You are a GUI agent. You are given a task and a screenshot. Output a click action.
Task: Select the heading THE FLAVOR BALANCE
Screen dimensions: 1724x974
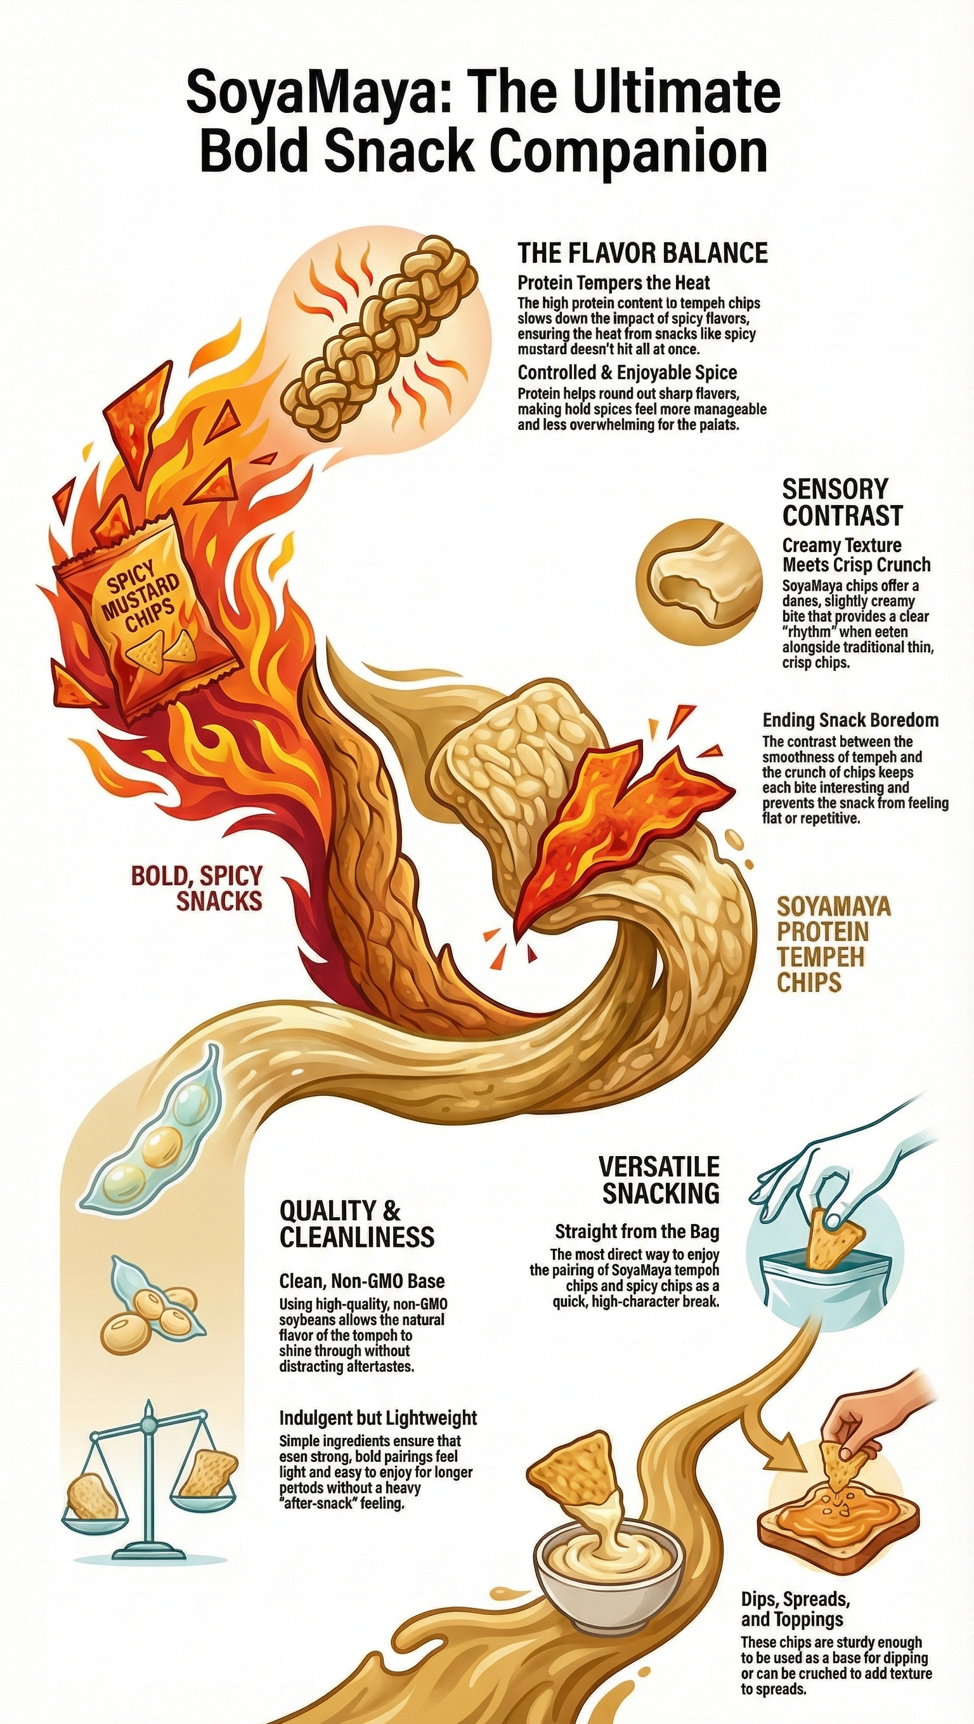tap(642, 253)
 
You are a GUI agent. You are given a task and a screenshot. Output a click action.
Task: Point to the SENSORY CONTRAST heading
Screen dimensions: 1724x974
tap(842, 502)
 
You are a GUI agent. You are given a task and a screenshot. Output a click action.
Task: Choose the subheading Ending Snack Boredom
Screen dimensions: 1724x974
tap(850, 720)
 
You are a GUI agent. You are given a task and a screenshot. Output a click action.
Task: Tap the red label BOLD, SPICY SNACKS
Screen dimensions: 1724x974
tap(197, 888)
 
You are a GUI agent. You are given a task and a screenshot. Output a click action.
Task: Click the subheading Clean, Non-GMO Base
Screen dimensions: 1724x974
tap(361, 1282)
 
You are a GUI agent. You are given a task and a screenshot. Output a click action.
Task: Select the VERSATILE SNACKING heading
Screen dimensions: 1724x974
tap(659, 1179)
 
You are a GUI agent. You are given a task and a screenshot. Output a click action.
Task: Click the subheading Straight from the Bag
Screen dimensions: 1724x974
tap(637, 1232)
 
